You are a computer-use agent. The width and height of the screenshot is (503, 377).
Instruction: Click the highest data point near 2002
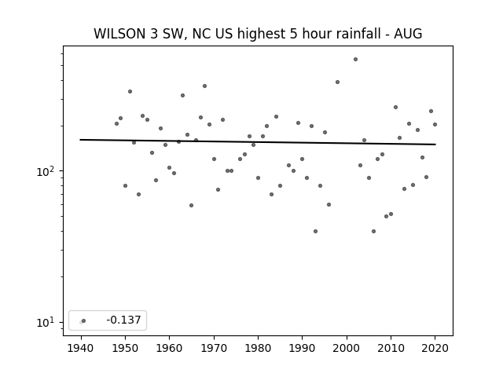point(355,60)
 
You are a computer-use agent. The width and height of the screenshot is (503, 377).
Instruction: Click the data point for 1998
point(337,82)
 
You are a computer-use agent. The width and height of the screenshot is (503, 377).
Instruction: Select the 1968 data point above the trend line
point(204,86)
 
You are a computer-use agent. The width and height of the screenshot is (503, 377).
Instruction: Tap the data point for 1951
point(130,91)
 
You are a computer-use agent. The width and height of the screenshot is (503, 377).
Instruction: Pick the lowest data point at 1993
point(315,231)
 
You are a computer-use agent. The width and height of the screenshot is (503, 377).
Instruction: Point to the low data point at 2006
point(373,231)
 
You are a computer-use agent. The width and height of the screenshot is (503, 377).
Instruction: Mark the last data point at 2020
point(435,124)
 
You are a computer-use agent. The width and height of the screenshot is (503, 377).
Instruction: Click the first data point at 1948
point(117,124)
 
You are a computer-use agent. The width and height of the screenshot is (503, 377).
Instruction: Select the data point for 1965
point(191,205)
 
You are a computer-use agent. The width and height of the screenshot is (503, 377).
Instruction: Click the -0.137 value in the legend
point(123,320)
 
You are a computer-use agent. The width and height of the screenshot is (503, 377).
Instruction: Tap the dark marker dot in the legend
point(84,320)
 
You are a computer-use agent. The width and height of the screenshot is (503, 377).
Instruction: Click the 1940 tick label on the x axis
point(81,348)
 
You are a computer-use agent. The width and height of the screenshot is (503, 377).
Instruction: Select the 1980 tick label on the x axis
point(258,348)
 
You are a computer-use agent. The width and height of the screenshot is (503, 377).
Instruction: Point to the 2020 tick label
point(435,348)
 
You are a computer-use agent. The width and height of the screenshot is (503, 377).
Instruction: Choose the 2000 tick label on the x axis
point(347,348)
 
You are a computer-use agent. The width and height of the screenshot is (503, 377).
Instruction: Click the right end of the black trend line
point(435,145)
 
